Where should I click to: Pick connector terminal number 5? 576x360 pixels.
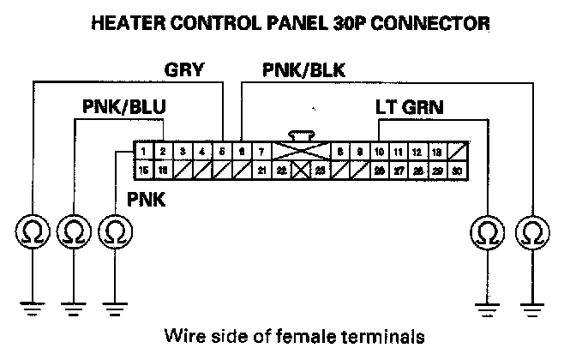[221, 152]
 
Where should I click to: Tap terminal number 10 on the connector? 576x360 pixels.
[378, 152]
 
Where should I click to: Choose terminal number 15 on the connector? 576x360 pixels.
[143, 171]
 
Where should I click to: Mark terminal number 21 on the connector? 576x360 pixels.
[261, 171]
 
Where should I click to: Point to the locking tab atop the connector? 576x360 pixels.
[299, 135]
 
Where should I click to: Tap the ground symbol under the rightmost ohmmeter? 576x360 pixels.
[532, 304]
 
